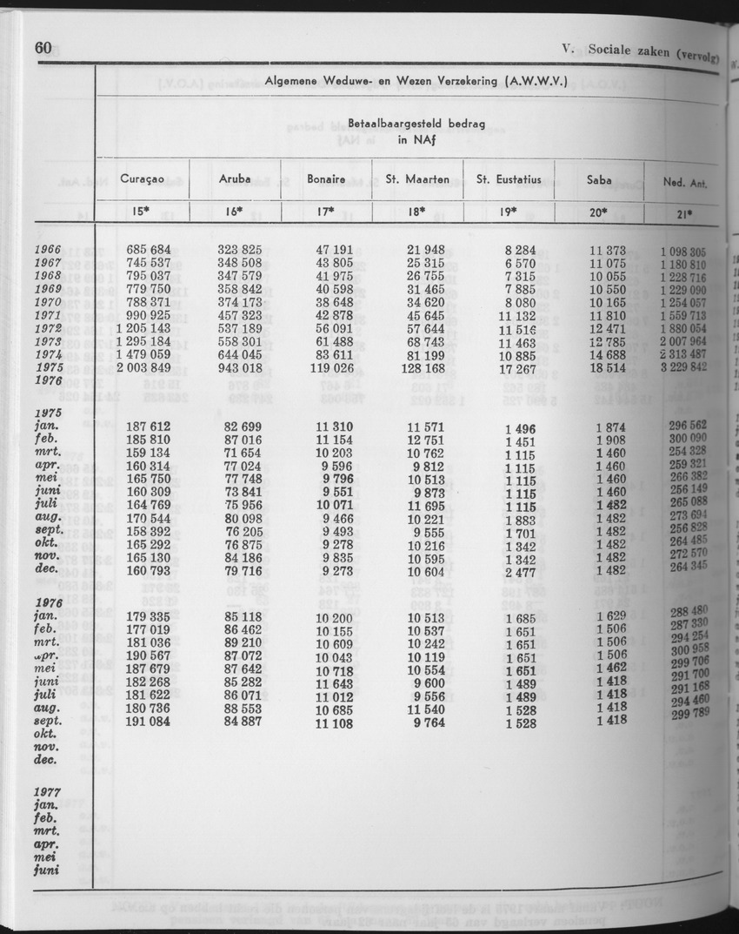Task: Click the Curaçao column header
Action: [x=144, y=179]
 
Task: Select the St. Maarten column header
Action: [x=417, y=179]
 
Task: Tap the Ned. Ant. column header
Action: [x=684, y=182]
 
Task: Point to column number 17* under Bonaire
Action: [x=326, y=212]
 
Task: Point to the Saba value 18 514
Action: [x=606, y=368]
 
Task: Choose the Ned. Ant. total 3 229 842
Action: [x=684, y=368]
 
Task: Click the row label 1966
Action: [x=48, y=251]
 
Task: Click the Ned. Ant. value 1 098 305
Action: [x=684, y=252]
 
